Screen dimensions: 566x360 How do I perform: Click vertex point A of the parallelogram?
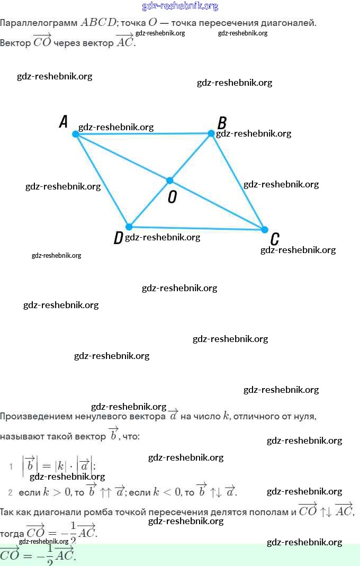click(x=76, y=134)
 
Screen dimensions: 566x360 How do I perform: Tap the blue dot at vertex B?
click(x=211, y=133)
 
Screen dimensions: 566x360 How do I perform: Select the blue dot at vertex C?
click(x=265, y=229)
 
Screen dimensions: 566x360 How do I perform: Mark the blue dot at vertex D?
click(x=129, y=227)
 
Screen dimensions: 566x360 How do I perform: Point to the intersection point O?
click(x=170, y=181)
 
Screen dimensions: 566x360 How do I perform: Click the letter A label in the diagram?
click(x=64, y=122)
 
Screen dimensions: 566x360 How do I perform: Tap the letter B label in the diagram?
click(x=222, y=123)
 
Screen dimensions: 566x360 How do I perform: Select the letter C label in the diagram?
click(x=275, y=239)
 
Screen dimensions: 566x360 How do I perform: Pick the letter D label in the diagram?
click(x=118, y=238)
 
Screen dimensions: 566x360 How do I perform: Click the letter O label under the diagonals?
click(x=172, y=197)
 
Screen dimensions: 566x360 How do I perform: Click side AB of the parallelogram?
click(x=143, y=134)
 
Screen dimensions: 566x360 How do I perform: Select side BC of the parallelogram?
click(x=238, y=182)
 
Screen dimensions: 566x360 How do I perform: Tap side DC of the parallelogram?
click(x=196, y=228)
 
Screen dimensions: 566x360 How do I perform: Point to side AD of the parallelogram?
click(x=102, y=180)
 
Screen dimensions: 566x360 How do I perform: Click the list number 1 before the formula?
click(x=11, y=466)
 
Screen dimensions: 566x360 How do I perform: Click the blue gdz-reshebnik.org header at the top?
click(x=180, y=6)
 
